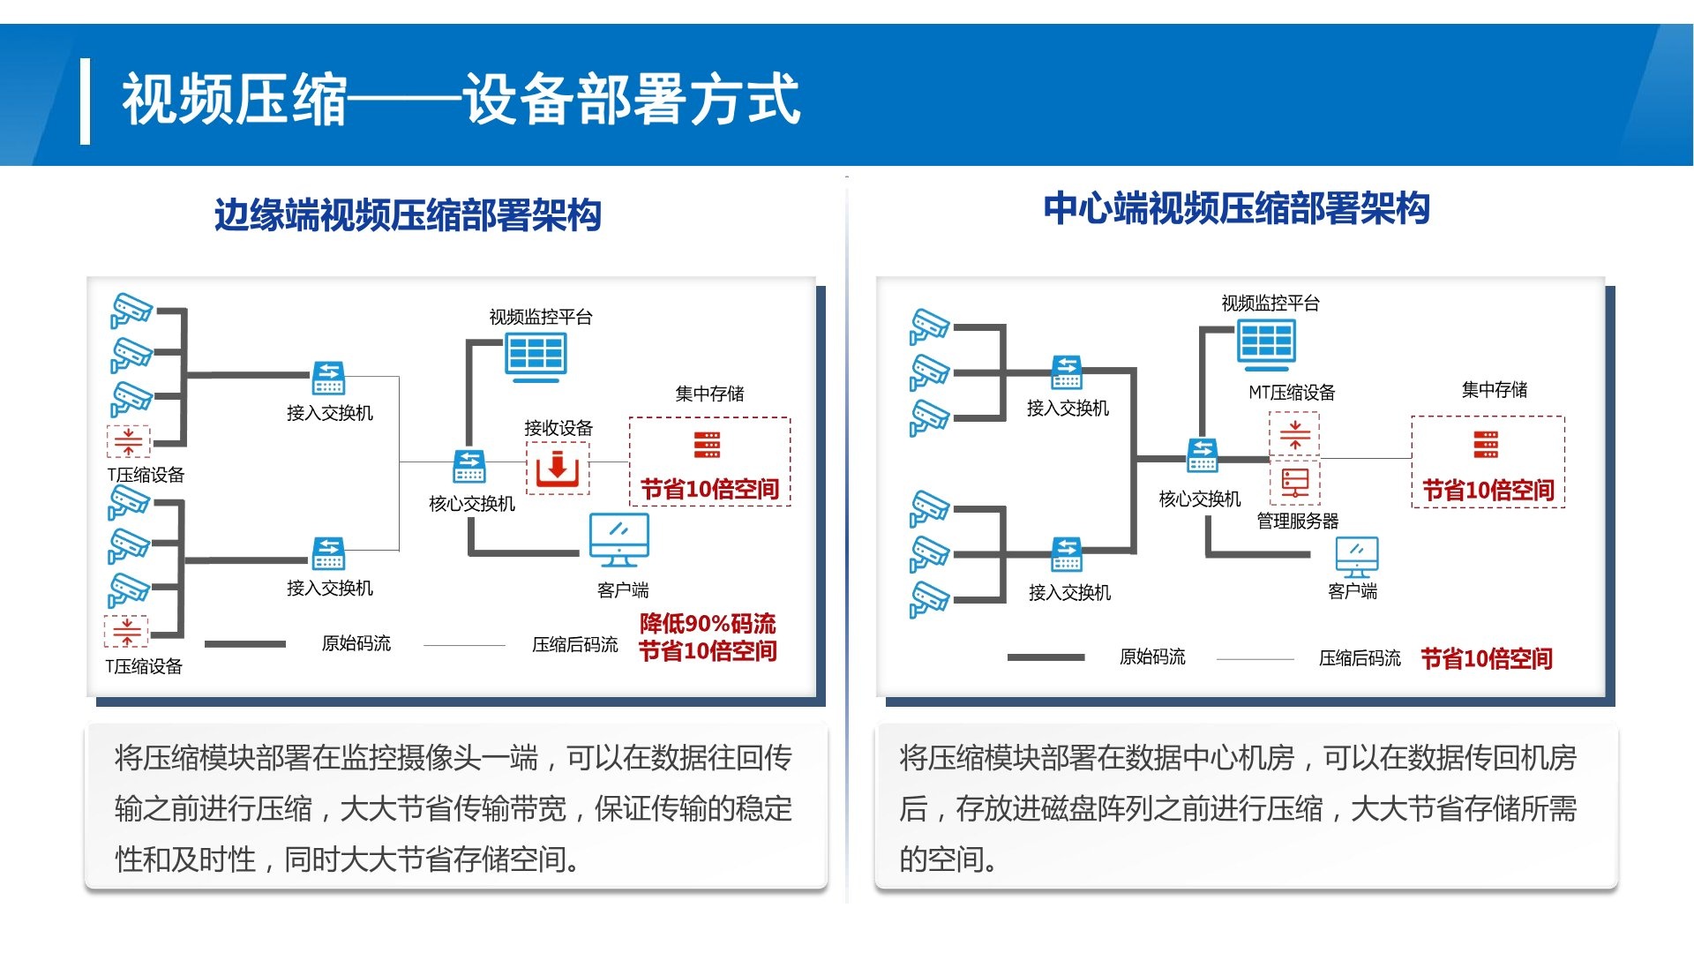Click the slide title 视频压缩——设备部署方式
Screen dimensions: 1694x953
(461, 99)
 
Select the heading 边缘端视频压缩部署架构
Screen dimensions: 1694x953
(408, 214)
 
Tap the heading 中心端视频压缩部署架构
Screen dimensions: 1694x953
(1236, 208)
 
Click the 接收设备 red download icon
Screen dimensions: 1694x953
(557, 468)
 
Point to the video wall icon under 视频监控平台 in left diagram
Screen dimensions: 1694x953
(536, 357)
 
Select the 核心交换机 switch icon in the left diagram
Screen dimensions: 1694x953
(469, 466)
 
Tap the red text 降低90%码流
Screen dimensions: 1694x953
(708, 624)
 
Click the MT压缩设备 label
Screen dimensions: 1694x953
(1292, 393)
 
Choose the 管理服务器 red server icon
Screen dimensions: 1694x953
(1295, 483)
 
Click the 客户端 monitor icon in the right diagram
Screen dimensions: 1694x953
(1357, 558)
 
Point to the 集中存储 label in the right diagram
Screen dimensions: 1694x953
(1495, 389)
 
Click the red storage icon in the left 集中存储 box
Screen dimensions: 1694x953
(707, 445)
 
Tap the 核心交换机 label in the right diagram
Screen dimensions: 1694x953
(1200, 499)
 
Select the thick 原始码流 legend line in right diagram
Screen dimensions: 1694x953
(1046, 657)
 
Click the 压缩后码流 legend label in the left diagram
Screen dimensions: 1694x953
(575, 645)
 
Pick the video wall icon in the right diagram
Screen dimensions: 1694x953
(1266, 342)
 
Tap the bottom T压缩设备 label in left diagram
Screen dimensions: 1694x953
(144, 666)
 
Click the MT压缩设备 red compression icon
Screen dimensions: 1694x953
(1295, 434)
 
